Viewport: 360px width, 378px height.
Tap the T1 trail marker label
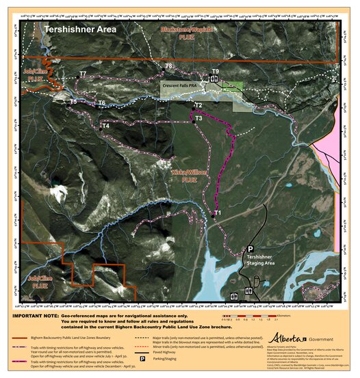pos(218,213)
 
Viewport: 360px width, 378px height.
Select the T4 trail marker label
pos(105,126)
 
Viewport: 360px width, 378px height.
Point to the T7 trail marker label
pos(82,73)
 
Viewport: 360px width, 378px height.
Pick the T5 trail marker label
pos(73,101)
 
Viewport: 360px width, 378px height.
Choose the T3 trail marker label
pos(198,118)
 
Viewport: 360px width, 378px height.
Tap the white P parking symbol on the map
pos(250,249)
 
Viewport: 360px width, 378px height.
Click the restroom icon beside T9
pos(214,79)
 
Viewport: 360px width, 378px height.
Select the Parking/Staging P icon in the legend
pos(142,357)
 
